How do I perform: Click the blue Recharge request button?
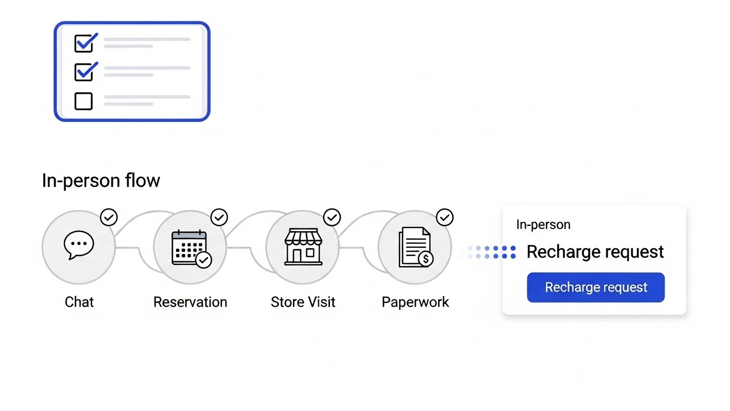[x=596, y=287]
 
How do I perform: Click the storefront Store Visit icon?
[x=303, y=247]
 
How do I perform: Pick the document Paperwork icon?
[x=415, y=247]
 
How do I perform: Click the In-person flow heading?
[x=101, y=180]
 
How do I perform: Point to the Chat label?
[x=79, y=302]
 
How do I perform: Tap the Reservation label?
[x=190, y=302]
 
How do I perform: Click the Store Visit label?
[x=303, y=302]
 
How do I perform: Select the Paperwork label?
[x=415, y=302]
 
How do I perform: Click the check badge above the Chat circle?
[x=109, y=217]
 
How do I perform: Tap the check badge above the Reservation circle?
[x=219, y=217]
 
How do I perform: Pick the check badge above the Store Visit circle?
[x=332, y=217]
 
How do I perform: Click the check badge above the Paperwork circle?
[x=444, y=217]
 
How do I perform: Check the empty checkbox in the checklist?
[x=83, y=101]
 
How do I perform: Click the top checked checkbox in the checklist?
[x=83, y=43]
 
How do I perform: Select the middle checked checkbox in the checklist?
[x=83, y=72]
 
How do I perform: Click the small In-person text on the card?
[x=543, y=225]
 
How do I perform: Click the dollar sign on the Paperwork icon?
[x=426, y=260]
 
